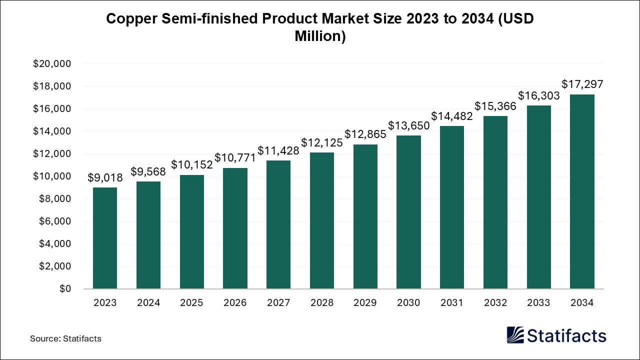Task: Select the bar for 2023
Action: click(105, 238)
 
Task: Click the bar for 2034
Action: click(582, 191)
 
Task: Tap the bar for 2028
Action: click(322, 220)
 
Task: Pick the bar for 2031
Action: click(452, 207)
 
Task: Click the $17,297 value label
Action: click(582, 84)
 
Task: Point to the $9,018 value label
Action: click(105, 177)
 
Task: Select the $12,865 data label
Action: click(365, 134)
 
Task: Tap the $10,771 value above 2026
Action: click(235, 157)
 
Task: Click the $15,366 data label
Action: click(495, 106)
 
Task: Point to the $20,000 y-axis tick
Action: click(52, 64)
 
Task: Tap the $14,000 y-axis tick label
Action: click(52, 131)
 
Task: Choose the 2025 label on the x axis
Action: click(191, 302)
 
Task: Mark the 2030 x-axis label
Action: click(408, 302)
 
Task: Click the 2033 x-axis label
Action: click(538, 302)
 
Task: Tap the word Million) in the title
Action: click(320, 36)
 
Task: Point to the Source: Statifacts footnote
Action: click(65, 338)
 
